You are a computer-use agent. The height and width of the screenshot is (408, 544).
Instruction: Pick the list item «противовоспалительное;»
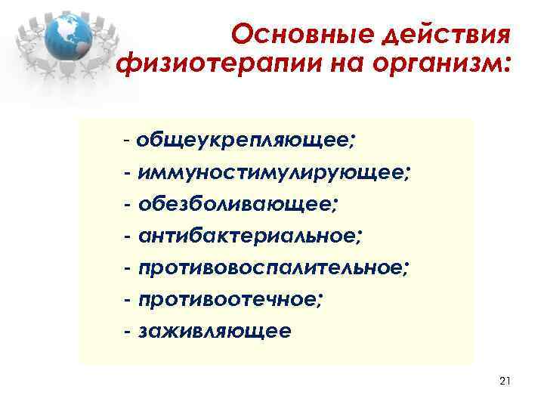point(274,268)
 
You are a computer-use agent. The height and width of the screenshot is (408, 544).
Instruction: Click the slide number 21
point(505,382)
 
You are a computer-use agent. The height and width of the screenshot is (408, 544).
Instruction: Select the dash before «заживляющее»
point(129,332)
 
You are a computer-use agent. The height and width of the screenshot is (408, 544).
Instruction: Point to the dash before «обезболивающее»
point(129,205)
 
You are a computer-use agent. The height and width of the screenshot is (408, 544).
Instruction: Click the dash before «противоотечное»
point(129,301)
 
